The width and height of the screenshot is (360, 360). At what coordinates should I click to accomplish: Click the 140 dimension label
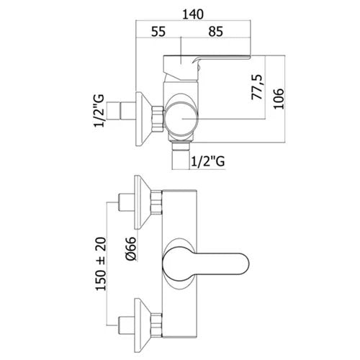(x=193, y=14)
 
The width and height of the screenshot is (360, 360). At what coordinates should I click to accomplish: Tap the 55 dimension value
(x=158, y=32)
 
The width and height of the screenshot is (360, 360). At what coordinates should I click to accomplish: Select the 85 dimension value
(x=215, y=32)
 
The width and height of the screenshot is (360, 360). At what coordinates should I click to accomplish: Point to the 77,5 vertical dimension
(x=257, y=87)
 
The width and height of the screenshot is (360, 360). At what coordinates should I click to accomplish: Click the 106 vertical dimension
(x=279, y=99)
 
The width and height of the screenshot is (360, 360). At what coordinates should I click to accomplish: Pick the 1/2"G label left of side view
(x=99, y=111)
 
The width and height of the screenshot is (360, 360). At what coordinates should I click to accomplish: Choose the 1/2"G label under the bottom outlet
(x=208, y=161)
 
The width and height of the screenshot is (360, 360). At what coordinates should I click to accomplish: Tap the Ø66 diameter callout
(x=131, y=248)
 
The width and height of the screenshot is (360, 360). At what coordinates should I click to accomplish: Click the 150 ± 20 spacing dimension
(x=101, y=264)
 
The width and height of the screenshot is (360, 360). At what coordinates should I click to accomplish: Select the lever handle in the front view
(x=206, y=264)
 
